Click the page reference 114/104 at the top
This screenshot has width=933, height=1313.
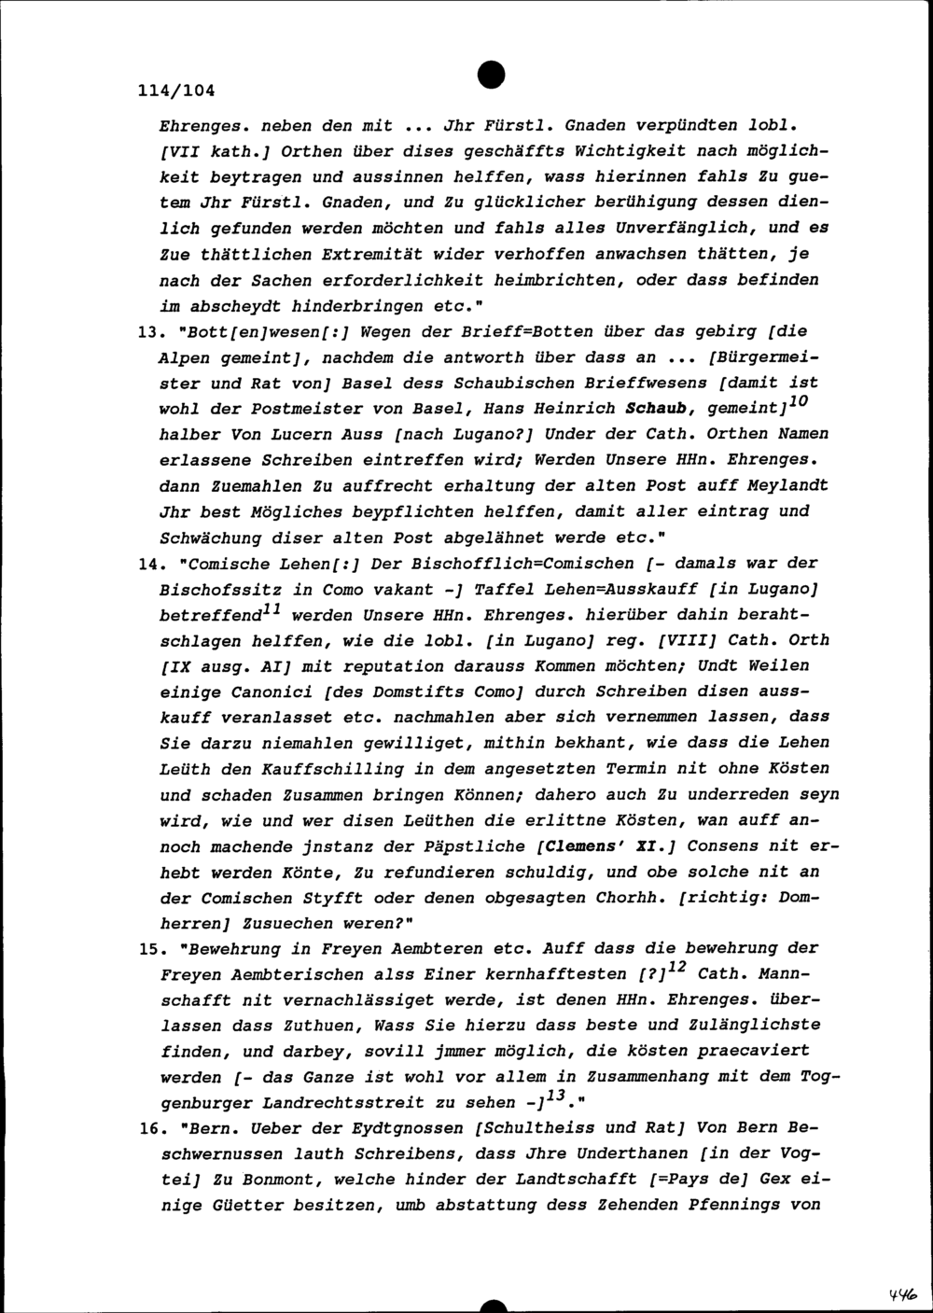(x=176, y=91)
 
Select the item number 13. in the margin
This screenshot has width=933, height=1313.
(x=150, y=331)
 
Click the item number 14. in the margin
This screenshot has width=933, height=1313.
(x=150, y=564)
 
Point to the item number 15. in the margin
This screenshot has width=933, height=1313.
(x=150, y=948)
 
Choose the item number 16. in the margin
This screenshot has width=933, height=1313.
(x=150, y=1127)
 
